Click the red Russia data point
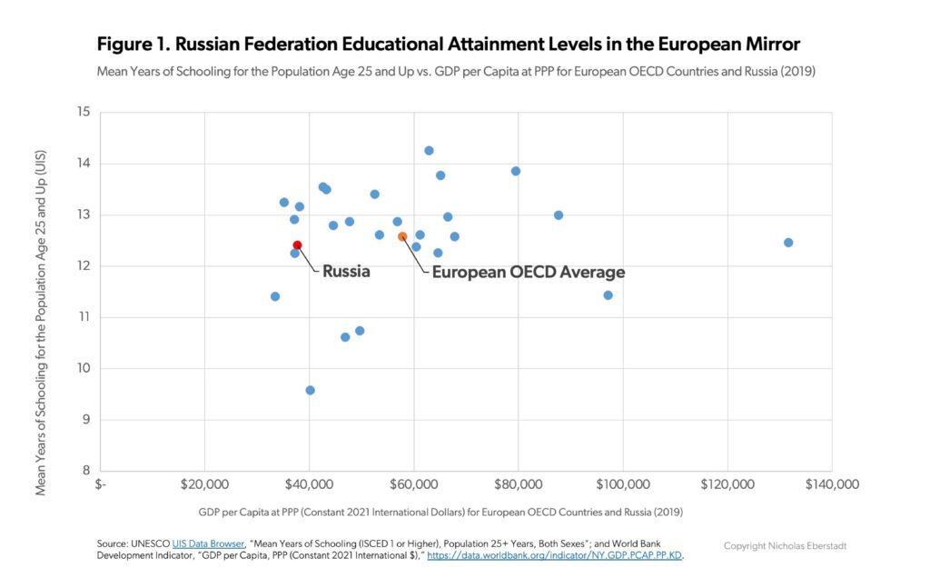pyautogui.click(x=297, y=245)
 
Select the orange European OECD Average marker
pyautogui.click(x=402, y=237)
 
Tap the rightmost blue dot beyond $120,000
pyautogui.click(x=788, y=243)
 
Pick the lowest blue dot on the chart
pyautogui.click(x=310, y=390)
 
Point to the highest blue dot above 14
pyautogui.click(x=429, y=151)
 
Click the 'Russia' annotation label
pyautogui.click(x=346, y=271)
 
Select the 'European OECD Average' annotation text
pyautogui.click(x=528, y=272)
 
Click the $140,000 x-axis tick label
pyautogui.click(x=831, y=484)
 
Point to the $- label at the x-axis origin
pyautogui.click(x=102, y=484)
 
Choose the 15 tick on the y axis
pyautogui.click(x=84, y=113)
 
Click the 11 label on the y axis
pyautogui.click(x=84, y=317)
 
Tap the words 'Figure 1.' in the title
pyautogui.click(x=131, y=44)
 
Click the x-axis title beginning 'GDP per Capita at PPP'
pyautogui.click(x=440, y=512)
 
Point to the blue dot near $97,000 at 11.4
pyautogui.click(x=608, y=295)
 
